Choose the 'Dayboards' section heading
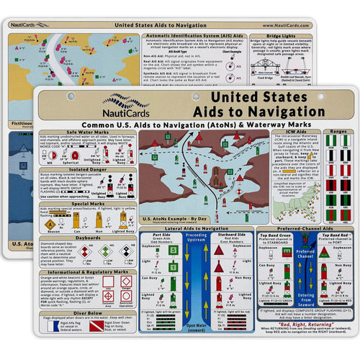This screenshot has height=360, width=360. point(86,237)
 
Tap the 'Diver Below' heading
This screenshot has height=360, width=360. point(86,314)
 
